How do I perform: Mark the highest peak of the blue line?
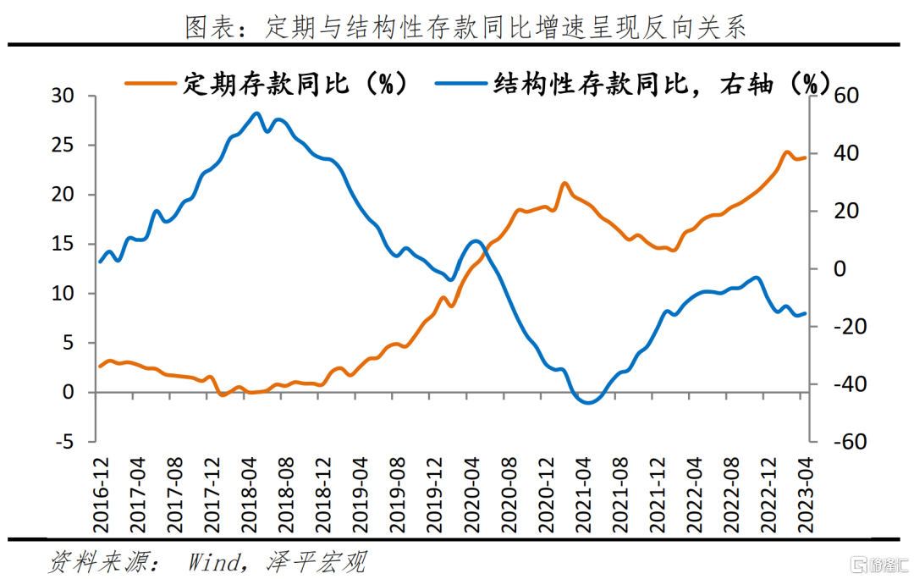pyautogui.click(x=256, y=113)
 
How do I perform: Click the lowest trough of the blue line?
pyautogui.click(x=587, y=402)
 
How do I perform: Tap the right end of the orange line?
pyautogui.click(x=805, y=157)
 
